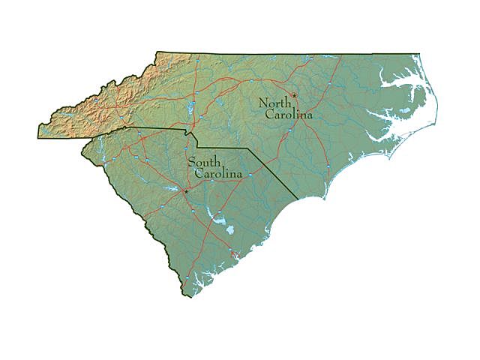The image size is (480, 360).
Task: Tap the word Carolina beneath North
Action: click(289, 115)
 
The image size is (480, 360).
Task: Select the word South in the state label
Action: click(203, 162)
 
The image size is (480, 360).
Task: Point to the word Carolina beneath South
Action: click(218, 174)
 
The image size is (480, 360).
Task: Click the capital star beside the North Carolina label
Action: click(295, 95)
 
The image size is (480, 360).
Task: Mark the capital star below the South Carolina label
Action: click(185, 191)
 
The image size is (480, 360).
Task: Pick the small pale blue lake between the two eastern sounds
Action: click(405, 112)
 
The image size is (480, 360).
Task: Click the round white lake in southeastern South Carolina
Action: click(220, 220)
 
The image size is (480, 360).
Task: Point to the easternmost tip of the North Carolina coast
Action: click(436, 117)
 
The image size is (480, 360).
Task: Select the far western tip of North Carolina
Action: click(38, 137)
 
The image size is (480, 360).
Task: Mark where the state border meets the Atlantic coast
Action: click(298, 199)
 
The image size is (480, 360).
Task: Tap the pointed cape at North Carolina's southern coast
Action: click(325, 199)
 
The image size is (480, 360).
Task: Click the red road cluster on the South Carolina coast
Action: click(235, 256)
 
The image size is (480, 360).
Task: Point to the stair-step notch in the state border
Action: click(193, 138)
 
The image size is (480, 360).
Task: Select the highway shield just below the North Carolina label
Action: click(289, 130)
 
